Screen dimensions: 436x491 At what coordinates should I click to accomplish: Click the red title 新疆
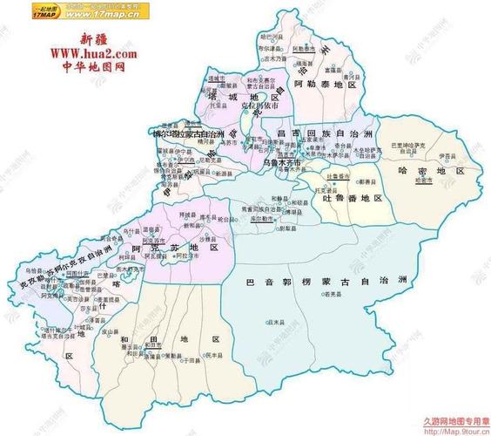pyautogui.click(x=97, y=39)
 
